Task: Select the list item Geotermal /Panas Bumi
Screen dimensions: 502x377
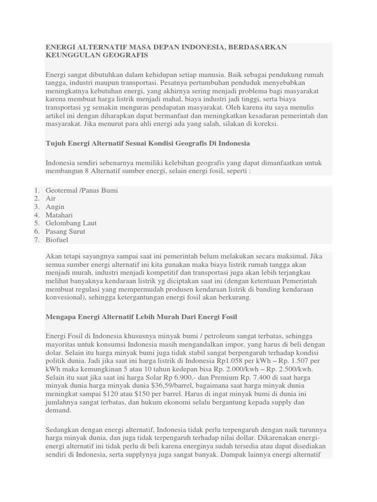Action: (x=81, y=190)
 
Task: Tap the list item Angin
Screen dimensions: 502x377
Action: (x=55, y=207)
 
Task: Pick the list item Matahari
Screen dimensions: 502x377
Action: (x=59, y=215)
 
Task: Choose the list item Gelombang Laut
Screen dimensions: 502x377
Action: (x=71, y=223)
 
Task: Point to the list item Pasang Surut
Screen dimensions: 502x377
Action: (x=65, y=231)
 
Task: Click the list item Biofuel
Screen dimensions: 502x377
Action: (x=57, y=240)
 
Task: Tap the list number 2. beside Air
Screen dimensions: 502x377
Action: (x=37, y=199)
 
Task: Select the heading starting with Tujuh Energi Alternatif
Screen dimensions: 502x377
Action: (x=148, y=143)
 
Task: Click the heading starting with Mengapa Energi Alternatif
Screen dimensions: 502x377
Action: (x=141, y=317)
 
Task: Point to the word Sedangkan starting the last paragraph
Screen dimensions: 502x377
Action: (x=63, y=429)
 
